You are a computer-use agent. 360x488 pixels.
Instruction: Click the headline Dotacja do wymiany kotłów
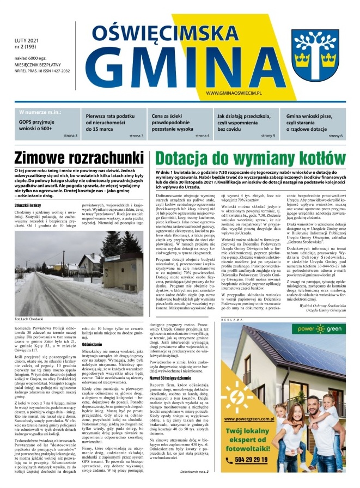coord(252,143)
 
